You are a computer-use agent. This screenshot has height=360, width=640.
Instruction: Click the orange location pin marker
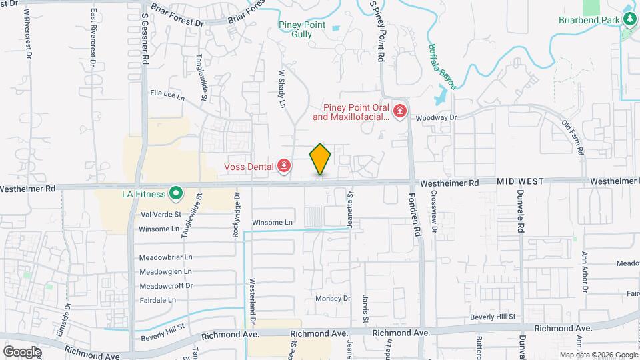pyautogui.click(x=320, y=159)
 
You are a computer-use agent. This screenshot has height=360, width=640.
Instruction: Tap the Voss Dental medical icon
pyautogui.click(x=284, y=165)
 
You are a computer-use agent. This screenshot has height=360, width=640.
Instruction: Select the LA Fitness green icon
pyautogui.click(x=176, y=194)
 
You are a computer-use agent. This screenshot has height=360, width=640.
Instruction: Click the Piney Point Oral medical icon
pyautogui.click(x=400, y=111)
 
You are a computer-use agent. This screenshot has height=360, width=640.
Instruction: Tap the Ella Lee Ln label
pyautogui.click(x=167, y=95)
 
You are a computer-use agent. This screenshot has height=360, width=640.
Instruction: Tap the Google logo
pyautogui.click(x=22, y=352)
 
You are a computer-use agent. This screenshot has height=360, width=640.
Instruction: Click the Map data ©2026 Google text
pyautogui.click(x=598, y=355)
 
